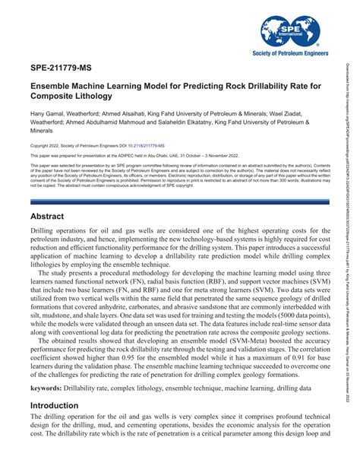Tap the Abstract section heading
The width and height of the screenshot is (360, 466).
pos(50,216)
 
